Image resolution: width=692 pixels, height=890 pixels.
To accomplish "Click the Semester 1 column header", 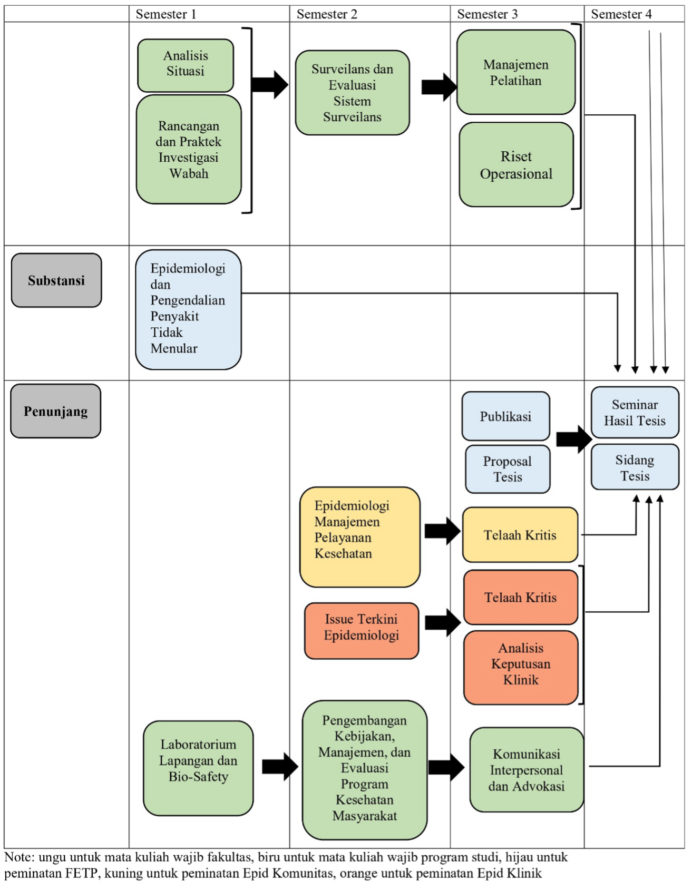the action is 166,14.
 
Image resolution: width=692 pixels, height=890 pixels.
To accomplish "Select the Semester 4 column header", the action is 621,14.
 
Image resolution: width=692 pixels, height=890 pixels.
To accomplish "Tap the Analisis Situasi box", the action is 186,65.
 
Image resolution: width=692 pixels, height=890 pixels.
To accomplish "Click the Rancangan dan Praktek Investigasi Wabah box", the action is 189,150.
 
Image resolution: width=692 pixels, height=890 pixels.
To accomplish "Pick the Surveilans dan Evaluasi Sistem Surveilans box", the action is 352,93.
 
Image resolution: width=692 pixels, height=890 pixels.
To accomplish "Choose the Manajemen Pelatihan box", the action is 516,72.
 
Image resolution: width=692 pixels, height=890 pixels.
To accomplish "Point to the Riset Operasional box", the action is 516,165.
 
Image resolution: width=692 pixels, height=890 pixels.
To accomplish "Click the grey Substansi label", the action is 56,280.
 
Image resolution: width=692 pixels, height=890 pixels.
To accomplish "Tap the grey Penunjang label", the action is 56,411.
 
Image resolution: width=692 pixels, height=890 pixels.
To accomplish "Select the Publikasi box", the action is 506,416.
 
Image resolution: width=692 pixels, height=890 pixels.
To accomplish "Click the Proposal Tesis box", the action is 508,469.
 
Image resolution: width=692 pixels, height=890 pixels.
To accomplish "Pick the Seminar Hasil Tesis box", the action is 635,413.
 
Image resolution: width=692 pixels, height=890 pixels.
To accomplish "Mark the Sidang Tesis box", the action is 635,467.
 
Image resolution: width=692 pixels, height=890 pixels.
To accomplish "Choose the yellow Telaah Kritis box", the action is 520,535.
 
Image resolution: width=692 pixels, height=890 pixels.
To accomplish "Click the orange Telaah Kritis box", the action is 521,597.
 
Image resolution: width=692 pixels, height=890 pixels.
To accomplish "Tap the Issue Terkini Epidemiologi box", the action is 362,631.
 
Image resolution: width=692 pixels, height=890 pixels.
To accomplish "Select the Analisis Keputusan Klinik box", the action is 521,668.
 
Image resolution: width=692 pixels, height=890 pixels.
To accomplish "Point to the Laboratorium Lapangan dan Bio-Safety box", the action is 198,768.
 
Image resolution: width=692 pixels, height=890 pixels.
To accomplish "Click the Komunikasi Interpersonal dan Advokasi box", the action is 527,770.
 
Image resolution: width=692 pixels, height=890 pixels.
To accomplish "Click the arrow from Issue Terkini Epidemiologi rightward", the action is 443,622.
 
